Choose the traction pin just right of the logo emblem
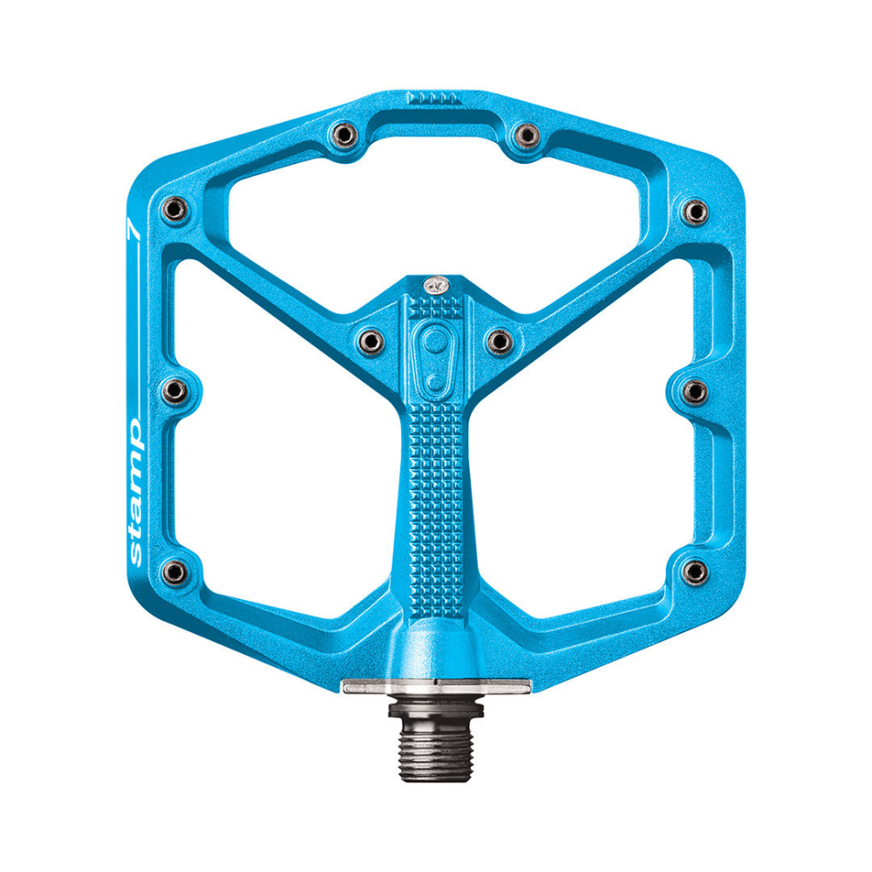pyautogui.click(x=499, y=340)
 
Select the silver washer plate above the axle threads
pyautogui.click(x=433, y=686)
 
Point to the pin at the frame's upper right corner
pyautogui.click(x=695, y=209)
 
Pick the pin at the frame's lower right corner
pyautogui.click(x=694, y=571)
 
